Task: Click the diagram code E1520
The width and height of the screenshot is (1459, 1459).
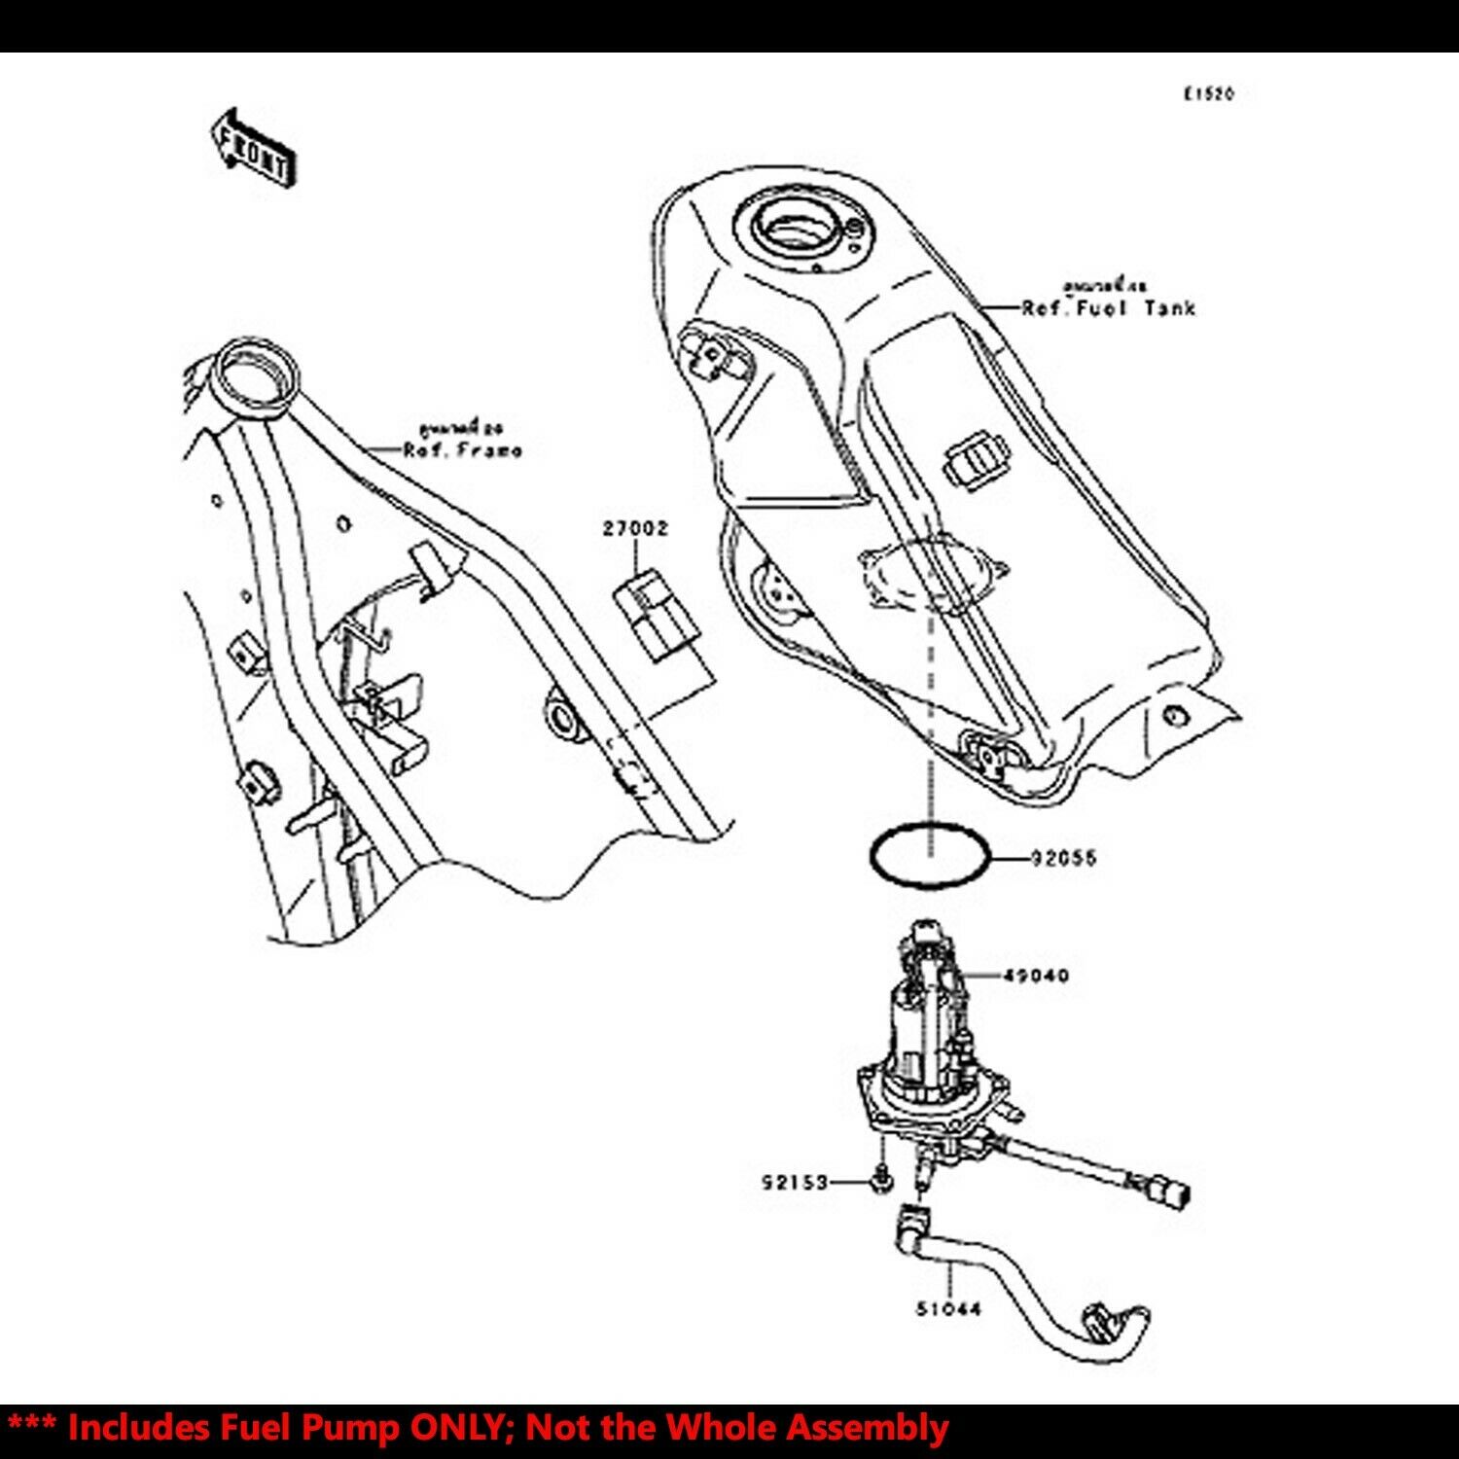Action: coord(1208,94)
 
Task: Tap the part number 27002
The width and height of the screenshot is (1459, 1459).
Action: coord(635,529)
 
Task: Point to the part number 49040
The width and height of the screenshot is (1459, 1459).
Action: coord(1036,975)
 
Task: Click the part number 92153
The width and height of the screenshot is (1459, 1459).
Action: coord(795,1183)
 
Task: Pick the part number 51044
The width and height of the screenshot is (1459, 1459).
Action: coord(948,1309)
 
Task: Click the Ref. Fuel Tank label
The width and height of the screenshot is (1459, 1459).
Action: coord(1108,308)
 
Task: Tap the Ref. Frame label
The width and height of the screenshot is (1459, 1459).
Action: coord(463,450)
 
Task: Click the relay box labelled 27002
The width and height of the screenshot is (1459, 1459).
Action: coord(656,618)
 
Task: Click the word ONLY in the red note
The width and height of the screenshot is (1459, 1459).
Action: coord(463,1428)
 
